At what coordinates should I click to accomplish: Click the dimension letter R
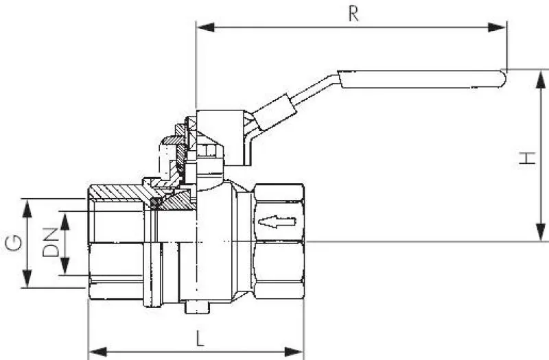[353, 14]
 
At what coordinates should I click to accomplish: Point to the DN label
[50, 242]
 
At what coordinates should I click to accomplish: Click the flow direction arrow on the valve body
[277, 221]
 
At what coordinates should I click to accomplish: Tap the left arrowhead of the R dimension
[203, 27]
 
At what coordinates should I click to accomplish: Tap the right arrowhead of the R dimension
[500, 27]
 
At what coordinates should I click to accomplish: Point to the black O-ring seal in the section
[156, 202]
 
